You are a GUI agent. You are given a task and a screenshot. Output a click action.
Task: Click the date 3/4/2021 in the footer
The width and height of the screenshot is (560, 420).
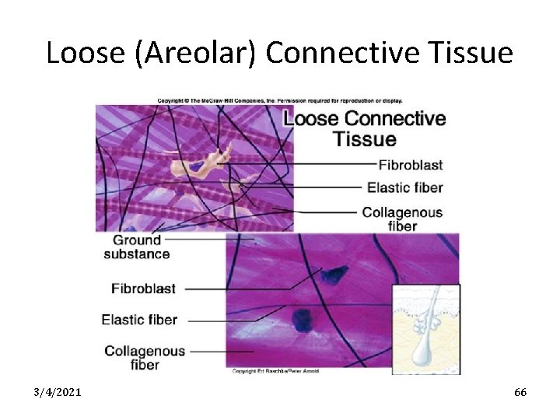click(x=58, y=392)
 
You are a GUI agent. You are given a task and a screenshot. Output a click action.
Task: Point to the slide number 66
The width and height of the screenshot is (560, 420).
click(x=520, y=392)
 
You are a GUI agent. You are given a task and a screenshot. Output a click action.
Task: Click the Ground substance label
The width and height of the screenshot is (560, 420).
click(x=137, y=247)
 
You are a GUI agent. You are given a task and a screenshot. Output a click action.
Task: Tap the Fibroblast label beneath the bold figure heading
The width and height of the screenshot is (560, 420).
click(x=410, y=164)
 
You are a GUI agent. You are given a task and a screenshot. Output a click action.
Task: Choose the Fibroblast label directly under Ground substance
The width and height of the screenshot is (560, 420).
click(x=143, y=289)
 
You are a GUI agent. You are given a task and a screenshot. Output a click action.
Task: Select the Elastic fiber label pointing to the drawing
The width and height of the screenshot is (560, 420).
click(x=404, y=187)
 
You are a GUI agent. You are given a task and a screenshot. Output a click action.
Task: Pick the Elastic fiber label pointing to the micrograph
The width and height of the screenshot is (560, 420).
click(x=139, y=320)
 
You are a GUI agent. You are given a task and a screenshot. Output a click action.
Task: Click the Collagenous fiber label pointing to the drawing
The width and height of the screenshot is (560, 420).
click(x=402, y=219)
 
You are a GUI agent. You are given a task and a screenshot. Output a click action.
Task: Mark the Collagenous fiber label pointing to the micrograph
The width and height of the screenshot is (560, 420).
click(x=145, y=358)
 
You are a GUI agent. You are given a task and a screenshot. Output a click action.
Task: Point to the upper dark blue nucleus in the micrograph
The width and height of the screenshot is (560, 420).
click(x=337, y=274)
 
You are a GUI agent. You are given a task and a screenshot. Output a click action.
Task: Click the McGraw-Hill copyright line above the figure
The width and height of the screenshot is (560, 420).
click(x=280, y=100)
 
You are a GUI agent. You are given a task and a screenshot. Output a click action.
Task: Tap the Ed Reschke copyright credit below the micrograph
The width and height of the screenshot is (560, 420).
click(x=275, y=371)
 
